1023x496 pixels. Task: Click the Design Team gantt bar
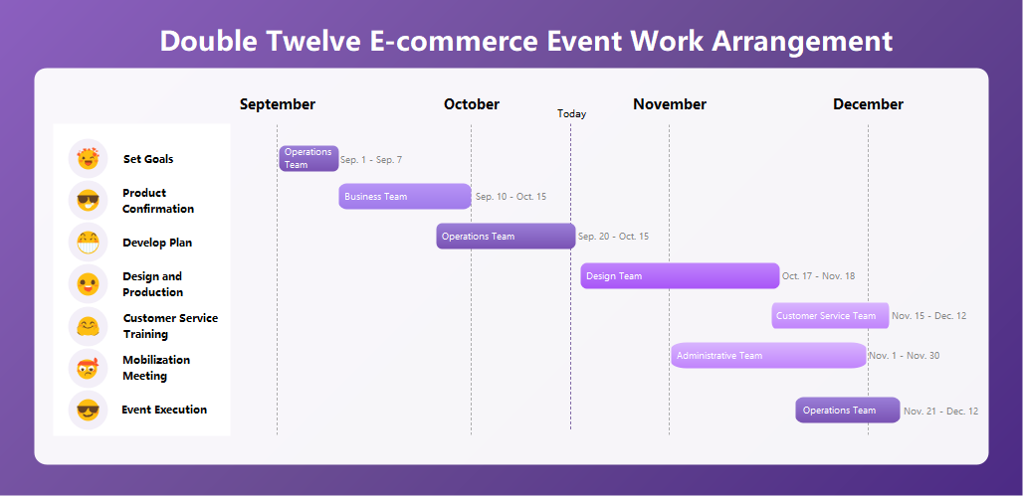click(x=680, y=276)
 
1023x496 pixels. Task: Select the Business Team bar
click(x=405, y=197)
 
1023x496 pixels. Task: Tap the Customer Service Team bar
click(x=830, y=316)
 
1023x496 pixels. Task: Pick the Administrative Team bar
click(x=768, y=356)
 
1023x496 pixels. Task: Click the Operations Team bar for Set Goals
click(x=308, y=159)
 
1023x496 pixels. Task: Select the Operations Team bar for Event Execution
click(x=847, y=411)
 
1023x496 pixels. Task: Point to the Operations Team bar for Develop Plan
click(x=506, y=237)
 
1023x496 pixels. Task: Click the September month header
click(x=278, y=104)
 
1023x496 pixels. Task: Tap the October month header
click(x=472, y=104)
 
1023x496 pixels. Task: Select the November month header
click(x=670, y=104)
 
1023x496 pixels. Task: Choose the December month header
click(x=868, y=104)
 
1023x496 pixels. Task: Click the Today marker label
click(x=571, y=114)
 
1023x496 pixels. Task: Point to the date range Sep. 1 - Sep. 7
click(x=371, y=160)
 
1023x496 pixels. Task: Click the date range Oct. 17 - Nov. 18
click(x=818, y=276)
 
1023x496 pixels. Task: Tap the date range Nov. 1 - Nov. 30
click(x=904, y=356)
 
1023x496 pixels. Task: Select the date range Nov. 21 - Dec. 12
click(x=940, y=412)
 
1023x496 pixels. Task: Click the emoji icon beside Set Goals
click(x=88, y=159)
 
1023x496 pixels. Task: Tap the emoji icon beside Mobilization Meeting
click(x=88, y=368)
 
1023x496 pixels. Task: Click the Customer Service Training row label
click(x=170, y=326)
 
